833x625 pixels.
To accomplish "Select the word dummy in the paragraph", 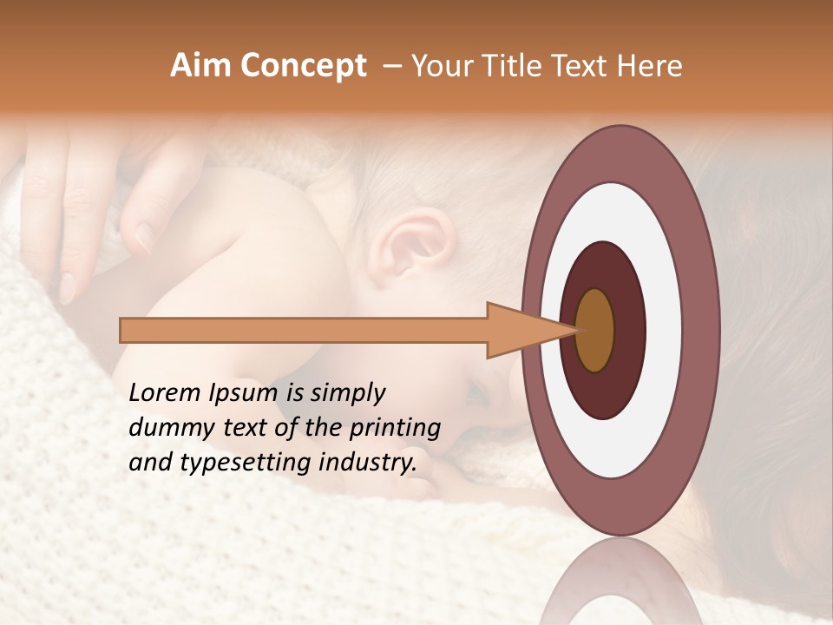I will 166,428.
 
